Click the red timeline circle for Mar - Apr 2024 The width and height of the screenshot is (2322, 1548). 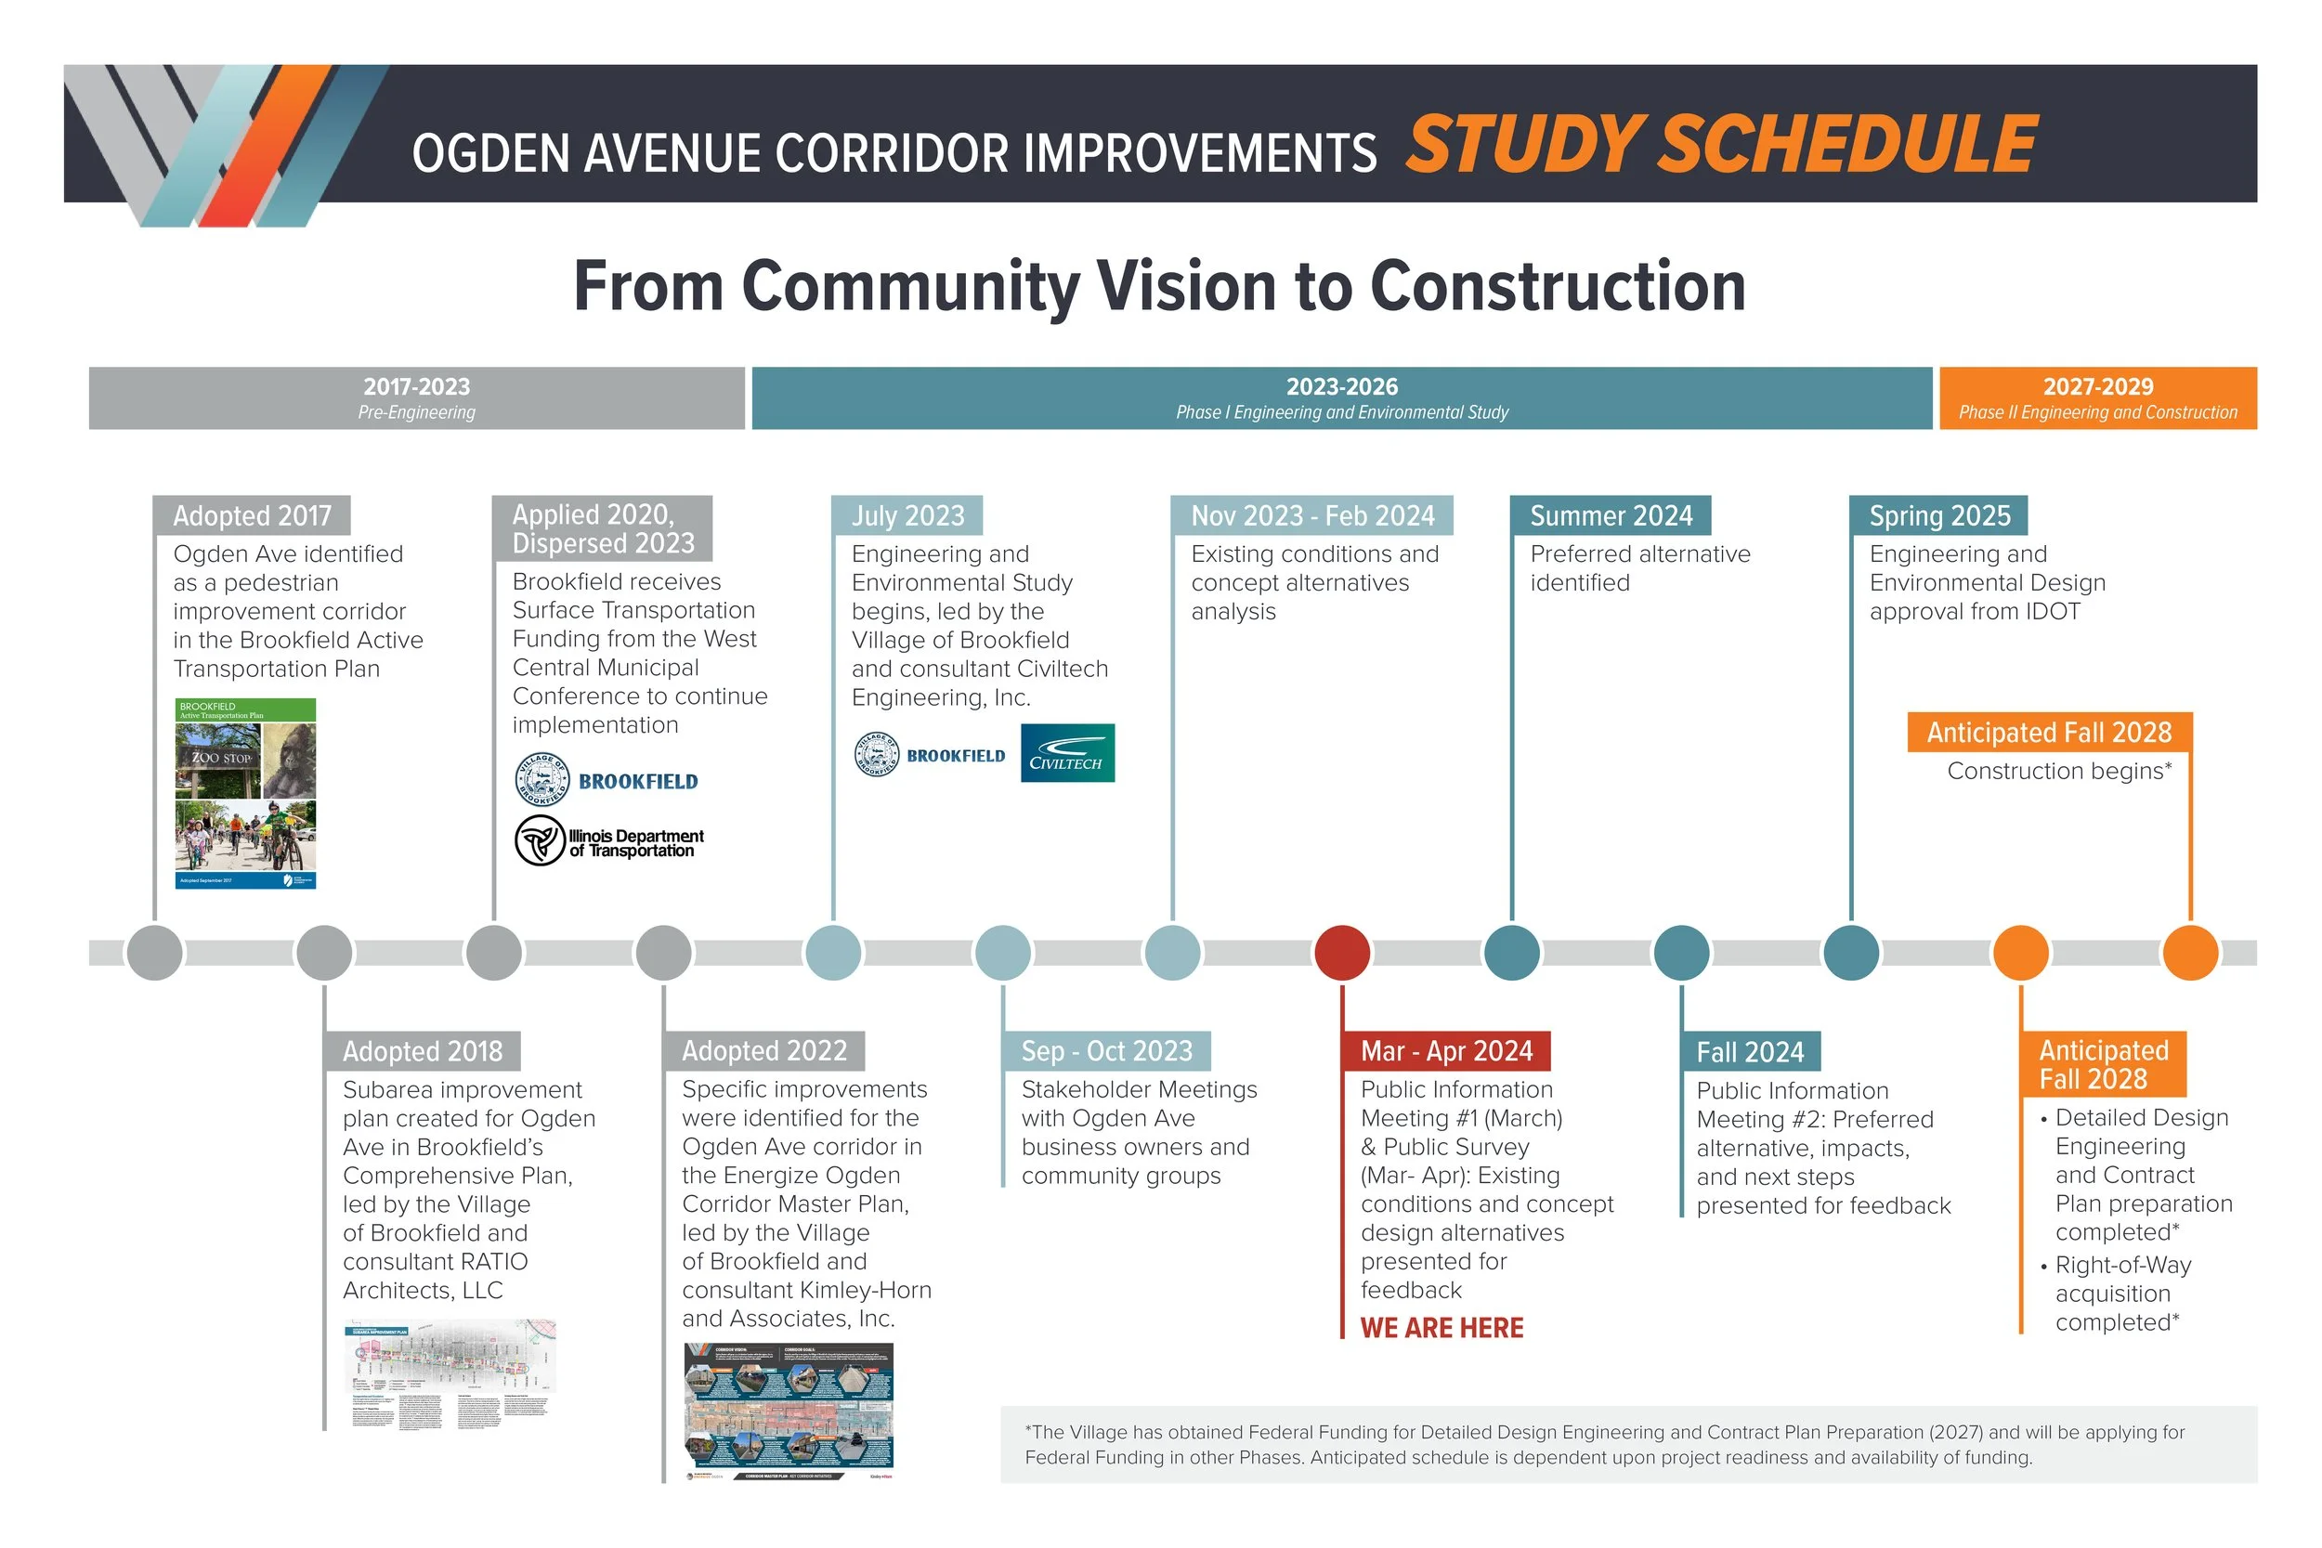tap(1342, 953)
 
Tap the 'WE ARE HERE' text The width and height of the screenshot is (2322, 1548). tap(1441, 1328)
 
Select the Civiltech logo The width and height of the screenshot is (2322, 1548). tap(1067, 753)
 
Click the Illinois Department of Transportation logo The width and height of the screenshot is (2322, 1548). tap(609, 841)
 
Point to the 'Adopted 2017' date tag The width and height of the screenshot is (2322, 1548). tap(252, 515)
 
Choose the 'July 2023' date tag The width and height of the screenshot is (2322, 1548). tap(907, 515)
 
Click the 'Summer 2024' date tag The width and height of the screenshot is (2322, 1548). tap(1611, 515)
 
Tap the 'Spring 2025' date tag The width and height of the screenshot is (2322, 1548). tap(1939, 515)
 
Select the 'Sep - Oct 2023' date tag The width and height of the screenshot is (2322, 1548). tap(1107, 1050)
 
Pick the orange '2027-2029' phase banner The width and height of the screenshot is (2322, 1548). tap(2097, 397)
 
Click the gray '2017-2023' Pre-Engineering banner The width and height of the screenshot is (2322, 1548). tap(417, 397)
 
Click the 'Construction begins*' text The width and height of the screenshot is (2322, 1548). tap(2059, 771)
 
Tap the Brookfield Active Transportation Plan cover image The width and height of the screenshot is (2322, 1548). tap(246, 794)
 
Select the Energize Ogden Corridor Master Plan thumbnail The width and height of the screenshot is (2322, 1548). tap(788, 1411)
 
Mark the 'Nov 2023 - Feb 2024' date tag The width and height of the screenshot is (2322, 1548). tap(1312, 515)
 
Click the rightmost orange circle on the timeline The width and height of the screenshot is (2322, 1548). tap(2190, 953)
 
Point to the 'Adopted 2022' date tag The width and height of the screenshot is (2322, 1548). tap(764, 1050)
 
